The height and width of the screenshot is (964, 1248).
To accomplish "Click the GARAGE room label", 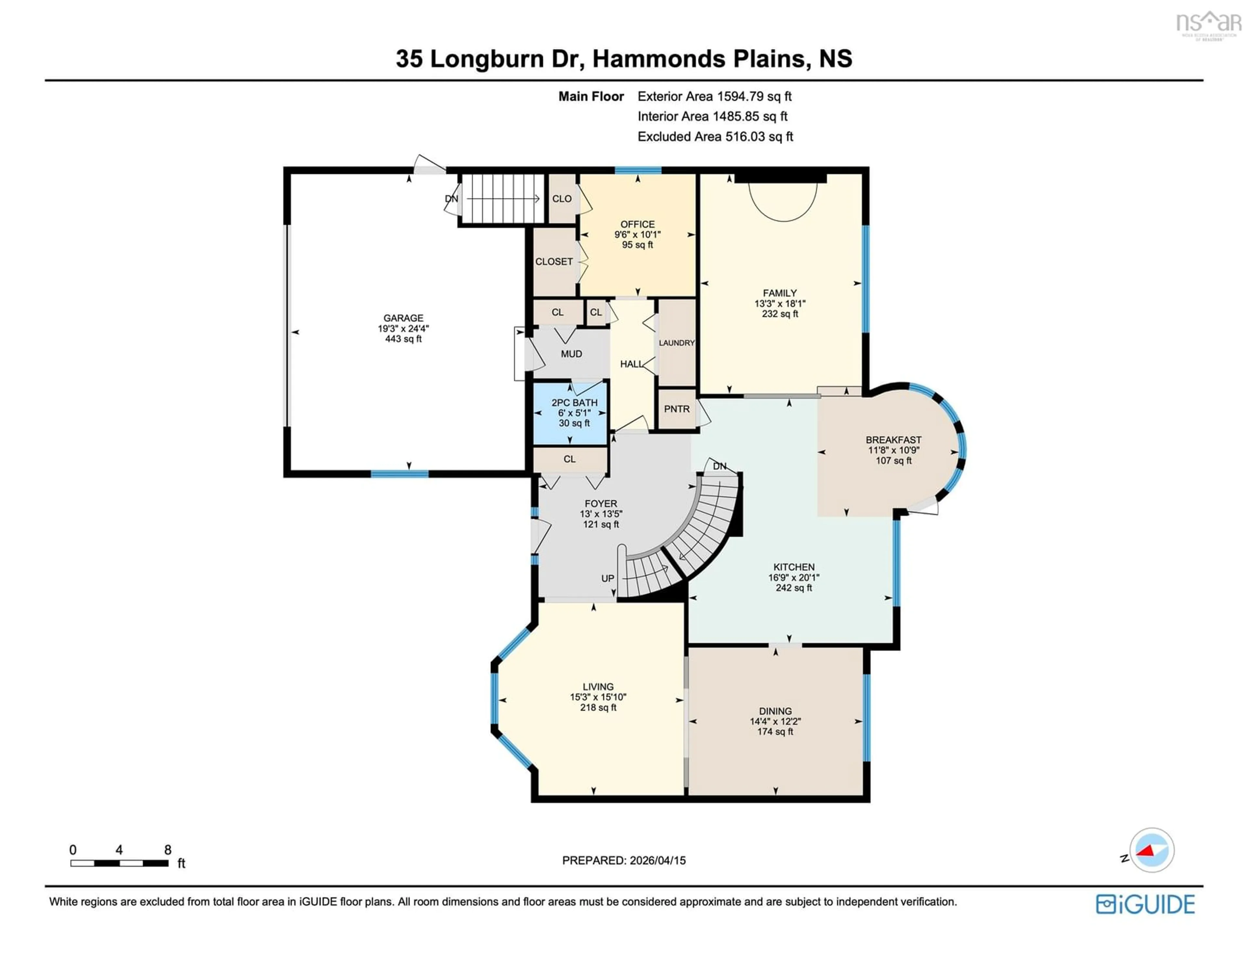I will point(403,318).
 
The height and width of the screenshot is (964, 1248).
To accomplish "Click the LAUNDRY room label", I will point(677,343).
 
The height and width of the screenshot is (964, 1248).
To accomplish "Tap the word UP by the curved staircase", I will point(607,578).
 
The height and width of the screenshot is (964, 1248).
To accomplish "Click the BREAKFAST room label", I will point(893,439).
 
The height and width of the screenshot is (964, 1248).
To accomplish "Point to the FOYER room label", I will point(601,503).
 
